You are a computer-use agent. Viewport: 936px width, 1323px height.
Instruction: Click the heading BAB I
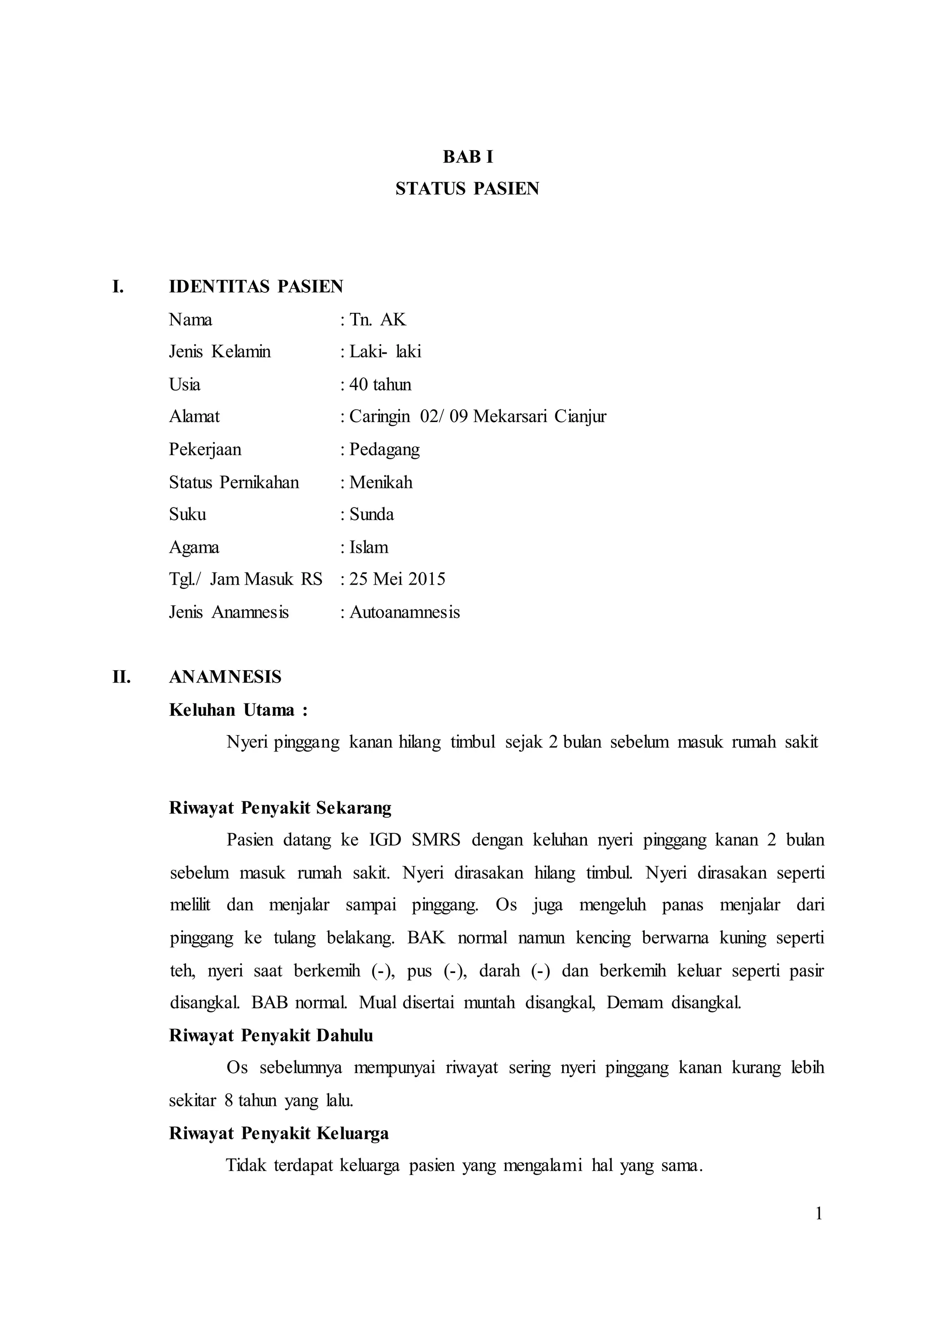coord(468,157)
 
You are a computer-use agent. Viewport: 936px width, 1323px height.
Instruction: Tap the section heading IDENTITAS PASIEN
coord(256,286)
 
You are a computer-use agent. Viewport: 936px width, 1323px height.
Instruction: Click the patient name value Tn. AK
coord(378,319)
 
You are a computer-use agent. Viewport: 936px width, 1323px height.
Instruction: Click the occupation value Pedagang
coord(384,449)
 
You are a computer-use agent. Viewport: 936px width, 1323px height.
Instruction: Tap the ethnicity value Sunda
coord(372,514)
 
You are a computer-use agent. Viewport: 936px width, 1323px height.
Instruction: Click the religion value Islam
coord(369,547)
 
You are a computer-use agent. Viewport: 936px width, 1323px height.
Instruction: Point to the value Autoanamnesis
coord(404,612)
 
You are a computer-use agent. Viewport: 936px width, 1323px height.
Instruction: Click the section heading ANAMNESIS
coord(225,677)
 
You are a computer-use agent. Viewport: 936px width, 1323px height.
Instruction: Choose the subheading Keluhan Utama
coord(232,710)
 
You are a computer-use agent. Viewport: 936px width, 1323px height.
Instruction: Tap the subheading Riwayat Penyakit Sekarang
coord(280,808)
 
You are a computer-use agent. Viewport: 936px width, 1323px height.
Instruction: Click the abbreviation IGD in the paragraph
coord(385,840)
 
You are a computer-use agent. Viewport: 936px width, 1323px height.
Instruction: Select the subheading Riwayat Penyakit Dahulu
coord(271,1036)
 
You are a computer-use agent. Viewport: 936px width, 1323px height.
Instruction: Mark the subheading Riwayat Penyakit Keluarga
coord(278,1133)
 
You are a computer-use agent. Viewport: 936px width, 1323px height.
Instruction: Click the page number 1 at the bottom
coord(819,1214)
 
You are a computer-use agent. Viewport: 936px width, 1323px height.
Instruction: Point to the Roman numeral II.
coord(122,677)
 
